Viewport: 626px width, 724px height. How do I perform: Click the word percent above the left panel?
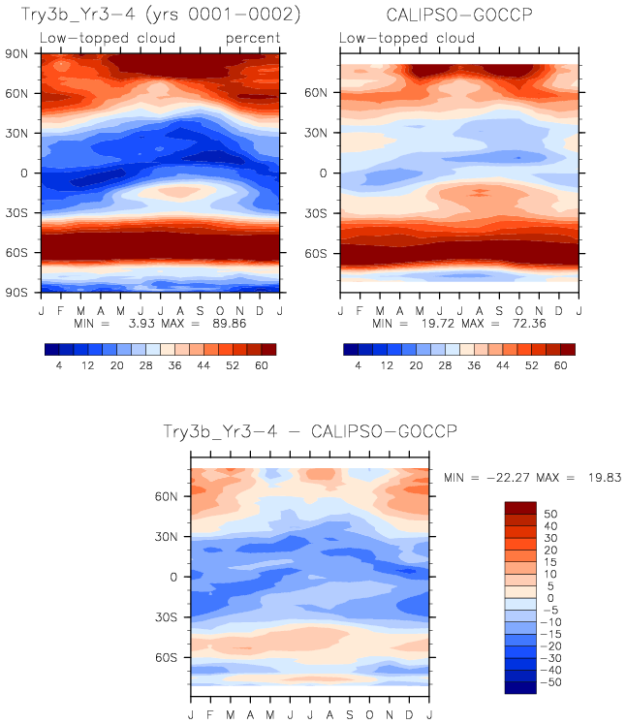tap(253, 38)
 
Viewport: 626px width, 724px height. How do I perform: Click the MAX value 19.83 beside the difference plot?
tap(600, 478)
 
